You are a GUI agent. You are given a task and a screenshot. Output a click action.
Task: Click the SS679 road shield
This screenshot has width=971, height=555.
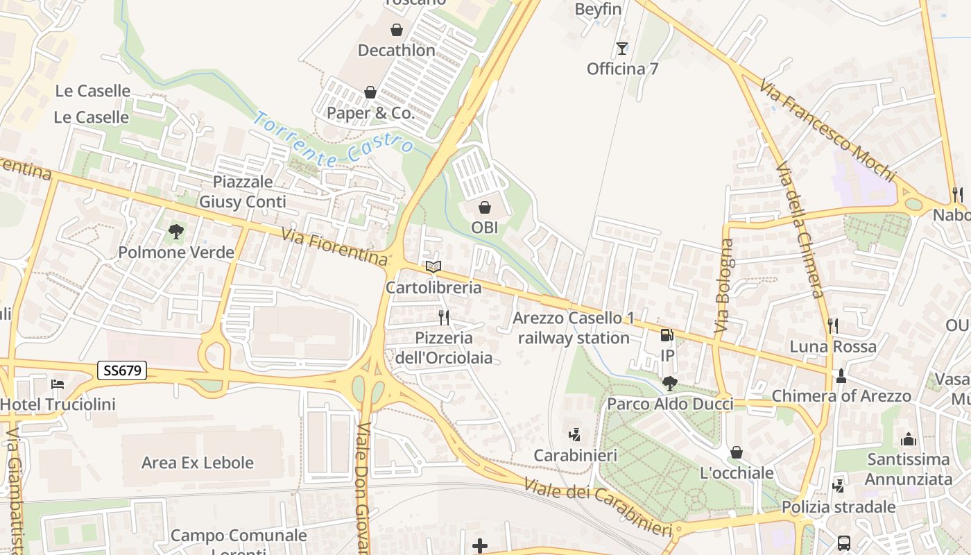122,370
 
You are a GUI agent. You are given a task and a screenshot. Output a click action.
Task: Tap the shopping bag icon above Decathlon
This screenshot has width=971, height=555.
397,30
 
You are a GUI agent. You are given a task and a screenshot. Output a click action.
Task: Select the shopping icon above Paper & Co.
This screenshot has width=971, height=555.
370,92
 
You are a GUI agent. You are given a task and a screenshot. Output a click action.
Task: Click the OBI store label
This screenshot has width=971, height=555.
485,227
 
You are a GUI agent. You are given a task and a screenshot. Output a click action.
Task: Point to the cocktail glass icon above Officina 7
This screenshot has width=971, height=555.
621,49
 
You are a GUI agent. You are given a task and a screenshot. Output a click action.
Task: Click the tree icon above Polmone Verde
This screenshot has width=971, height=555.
176,232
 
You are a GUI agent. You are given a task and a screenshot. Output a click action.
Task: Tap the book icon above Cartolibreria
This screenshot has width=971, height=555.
433,266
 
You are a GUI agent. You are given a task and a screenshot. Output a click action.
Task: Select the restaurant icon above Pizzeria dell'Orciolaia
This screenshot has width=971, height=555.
444,318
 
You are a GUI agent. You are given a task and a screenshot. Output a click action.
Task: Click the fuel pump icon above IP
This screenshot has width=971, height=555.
667,335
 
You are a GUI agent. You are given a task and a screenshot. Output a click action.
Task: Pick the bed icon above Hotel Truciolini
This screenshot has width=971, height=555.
58,384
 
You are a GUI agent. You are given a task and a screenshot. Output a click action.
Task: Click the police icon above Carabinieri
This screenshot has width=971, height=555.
574,435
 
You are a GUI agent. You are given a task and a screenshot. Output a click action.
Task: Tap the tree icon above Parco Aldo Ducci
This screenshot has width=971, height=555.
669,383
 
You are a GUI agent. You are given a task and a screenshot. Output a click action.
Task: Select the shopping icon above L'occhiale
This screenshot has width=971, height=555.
737,453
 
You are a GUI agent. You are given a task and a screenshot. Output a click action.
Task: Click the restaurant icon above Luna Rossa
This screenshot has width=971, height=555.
833,325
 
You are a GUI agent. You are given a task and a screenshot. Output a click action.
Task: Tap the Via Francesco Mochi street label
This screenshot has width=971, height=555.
827,130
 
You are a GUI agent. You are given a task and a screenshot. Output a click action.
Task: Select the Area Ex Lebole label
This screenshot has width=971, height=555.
198,463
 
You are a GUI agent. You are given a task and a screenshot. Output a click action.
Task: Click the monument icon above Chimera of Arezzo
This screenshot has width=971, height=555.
841,376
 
